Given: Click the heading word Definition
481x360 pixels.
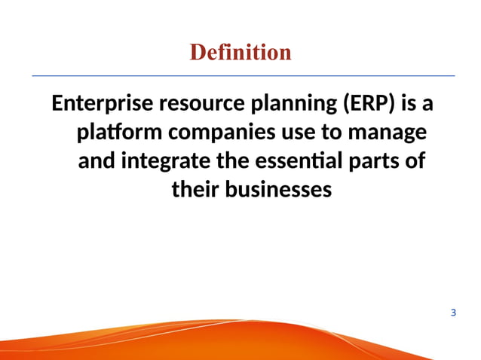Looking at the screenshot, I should pos(240,52).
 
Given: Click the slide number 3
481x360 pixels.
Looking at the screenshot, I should pos(452,312).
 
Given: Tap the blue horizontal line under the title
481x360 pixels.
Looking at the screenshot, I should pos(241,76).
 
